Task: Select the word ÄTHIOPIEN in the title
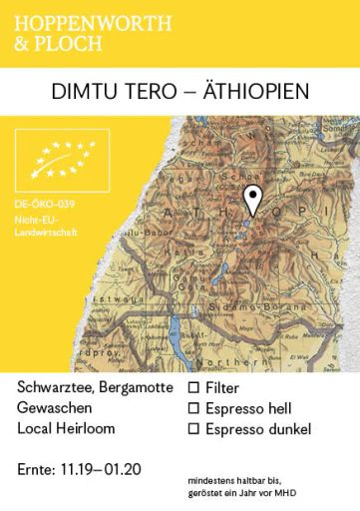coord(254,92)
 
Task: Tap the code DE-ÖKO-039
coord(46,205)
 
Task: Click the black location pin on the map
coord(254,199)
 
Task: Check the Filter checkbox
coord(194,386)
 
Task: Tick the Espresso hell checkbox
coord(194,407)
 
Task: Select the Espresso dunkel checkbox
coord(194,429)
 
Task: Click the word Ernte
coord(37,469)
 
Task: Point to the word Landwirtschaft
coord(47,233)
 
